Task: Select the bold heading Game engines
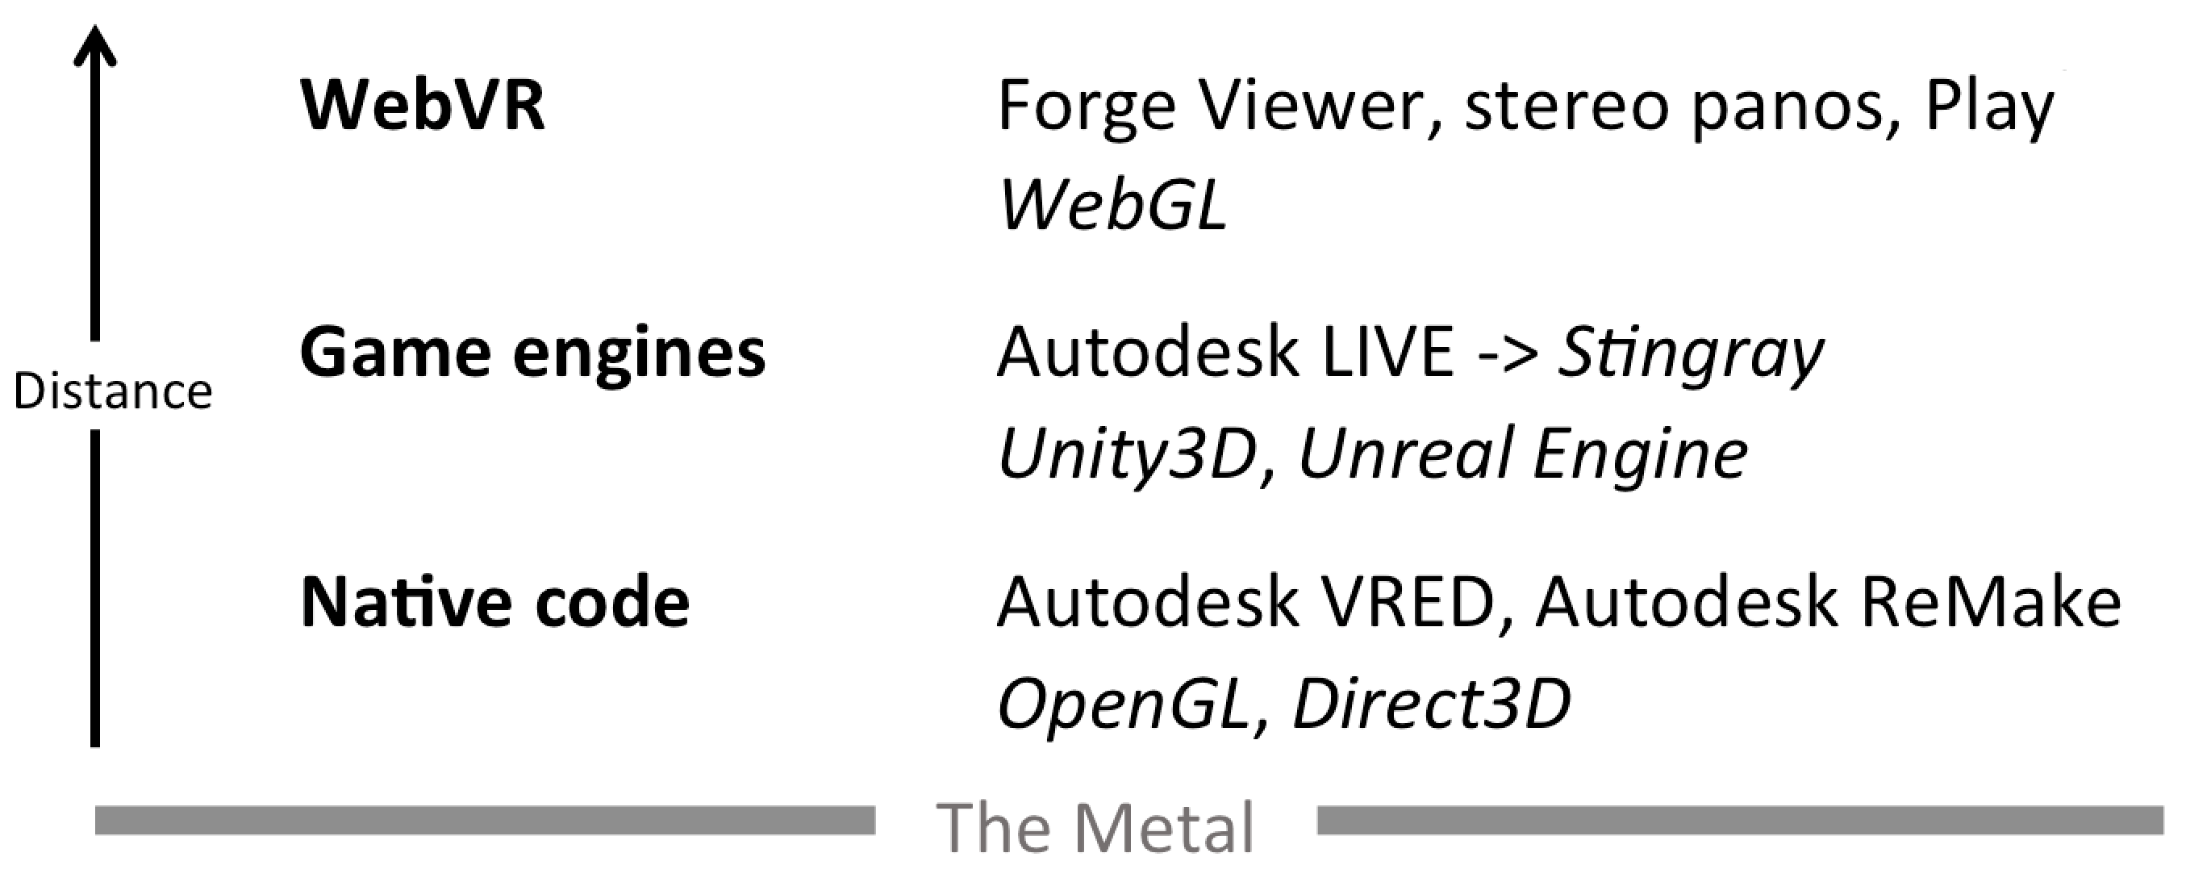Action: point(532,353)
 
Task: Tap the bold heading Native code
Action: point(494,602)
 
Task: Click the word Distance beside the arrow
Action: point(113,392)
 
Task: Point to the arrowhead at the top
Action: point(95,47)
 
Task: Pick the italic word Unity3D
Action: point(1127,454)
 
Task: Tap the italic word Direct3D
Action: point(1431,703)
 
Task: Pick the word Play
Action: point(1990,109)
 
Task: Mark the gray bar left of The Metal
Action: point(485,819)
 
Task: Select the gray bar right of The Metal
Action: point(1740,819)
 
